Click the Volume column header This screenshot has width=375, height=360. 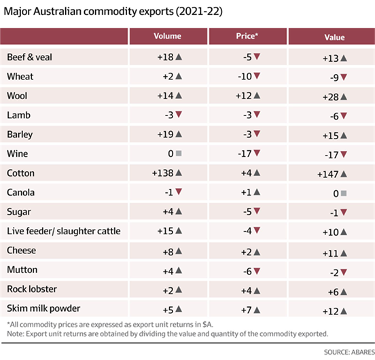pos(167,36)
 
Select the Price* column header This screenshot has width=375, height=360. pos(247,36)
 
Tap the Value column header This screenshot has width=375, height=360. pos(334,37)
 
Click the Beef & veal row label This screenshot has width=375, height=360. pos(29,57)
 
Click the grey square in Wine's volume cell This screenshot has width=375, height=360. pos(179,154)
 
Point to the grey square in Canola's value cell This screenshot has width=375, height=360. pos(344,193)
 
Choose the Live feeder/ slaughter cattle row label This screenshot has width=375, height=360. pos(64,231)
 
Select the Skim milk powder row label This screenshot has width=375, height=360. pos(43,308)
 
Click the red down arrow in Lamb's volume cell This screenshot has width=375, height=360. pos(179,114)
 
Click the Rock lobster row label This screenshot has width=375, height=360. pos(32,289)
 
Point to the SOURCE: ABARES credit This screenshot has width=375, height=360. pos(349,352)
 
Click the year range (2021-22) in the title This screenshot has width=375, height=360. pos(199,12)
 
